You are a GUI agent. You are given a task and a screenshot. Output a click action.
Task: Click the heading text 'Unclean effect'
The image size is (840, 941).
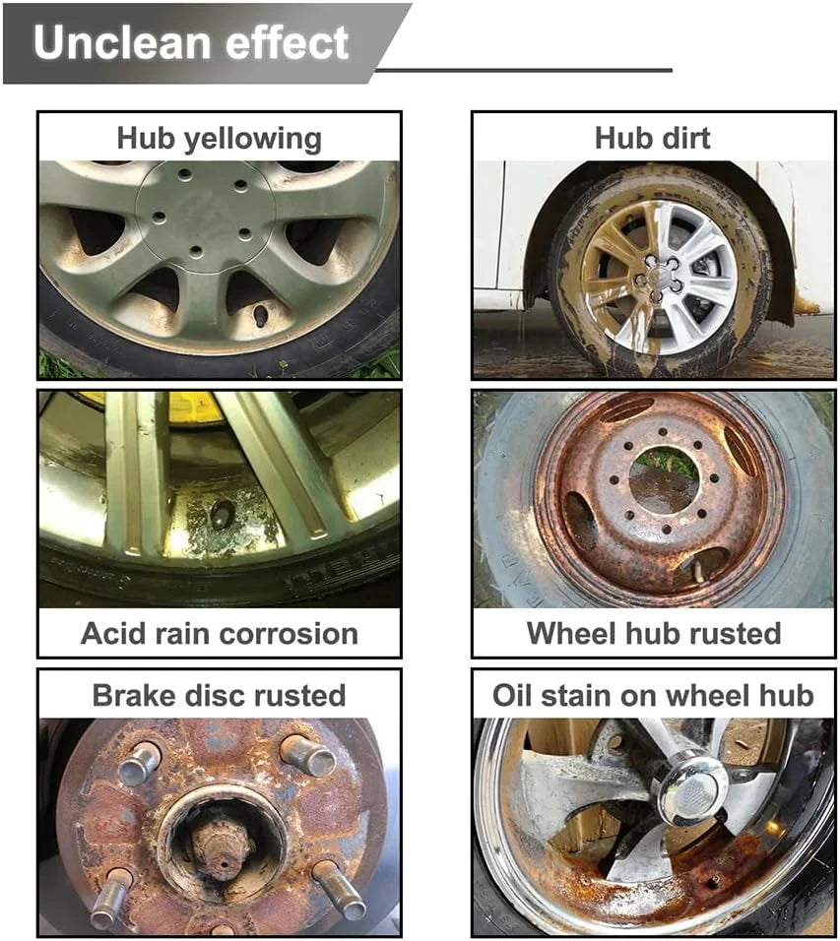click(x=191, y=42)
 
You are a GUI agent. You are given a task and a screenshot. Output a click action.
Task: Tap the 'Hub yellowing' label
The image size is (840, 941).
click(x=219, y=138)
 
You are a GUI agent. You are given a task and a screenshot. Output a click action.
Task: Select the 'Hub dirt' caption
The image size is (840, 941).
click(x=652, y=138)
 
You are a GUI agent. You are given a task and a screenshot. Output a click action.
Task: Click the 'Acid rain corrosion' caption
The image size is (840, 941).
click(x=219, y=633)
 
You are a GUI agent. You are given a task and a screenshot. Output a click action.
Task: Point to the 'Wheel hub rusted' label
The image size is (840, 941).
click(x=653, y=633)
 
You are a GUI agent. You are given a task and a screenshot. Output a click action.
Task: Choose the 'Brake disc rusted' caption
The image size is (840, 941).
click(x=219, y=695)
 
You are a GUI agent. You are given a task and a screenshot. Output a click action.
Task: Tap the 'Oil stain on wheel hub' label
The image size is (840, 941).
click(x=653, y=695)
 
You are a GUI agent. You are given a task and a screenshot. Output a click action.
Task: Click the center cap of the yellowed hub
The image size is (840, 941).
click(x=206, y=214)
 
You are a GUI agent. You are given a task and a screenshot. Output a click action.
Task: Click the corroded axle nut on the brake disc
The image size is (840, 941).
click(x=223, y=842)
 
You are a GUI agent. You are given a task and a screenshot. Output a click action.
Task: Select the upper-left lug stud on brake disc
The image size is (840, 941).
click(x=139, y=762)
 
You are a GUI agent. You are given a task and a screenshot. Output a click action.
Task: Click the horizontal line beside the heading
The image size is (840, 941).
click(x=523, y=70)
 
